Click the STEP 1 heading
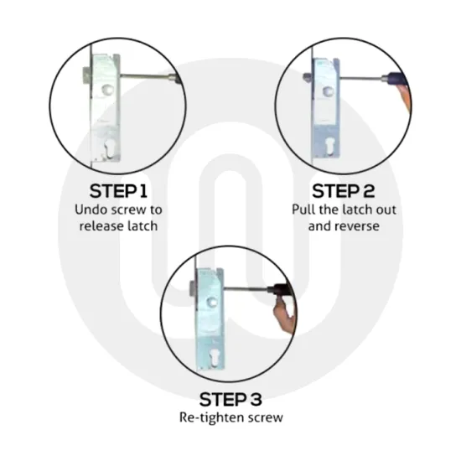click(x=118, y=191)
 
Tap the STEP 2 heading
click(x=344, y=191)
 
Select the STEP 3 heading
click(x=230, y=399)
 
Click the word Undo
click(x=89, y=210)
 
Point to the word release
click(x=101, y=226)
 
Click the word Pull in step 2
click(x=303, y=210)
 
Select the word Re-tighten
click(x=211, y=417)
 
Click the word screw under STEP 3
click(x=266, y=418)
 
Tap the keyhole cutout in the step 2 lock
click(x=330, y=147)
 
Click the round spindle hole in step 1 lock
click(x=107, y=90)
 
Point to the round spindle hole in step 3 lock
click(x=211, y=303)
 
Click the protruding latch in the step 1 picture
click(x=86, y=75)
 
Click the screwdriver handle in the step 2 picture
click(x=396, y=79)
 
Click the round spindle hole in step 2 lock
click(x=327, y=91)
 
